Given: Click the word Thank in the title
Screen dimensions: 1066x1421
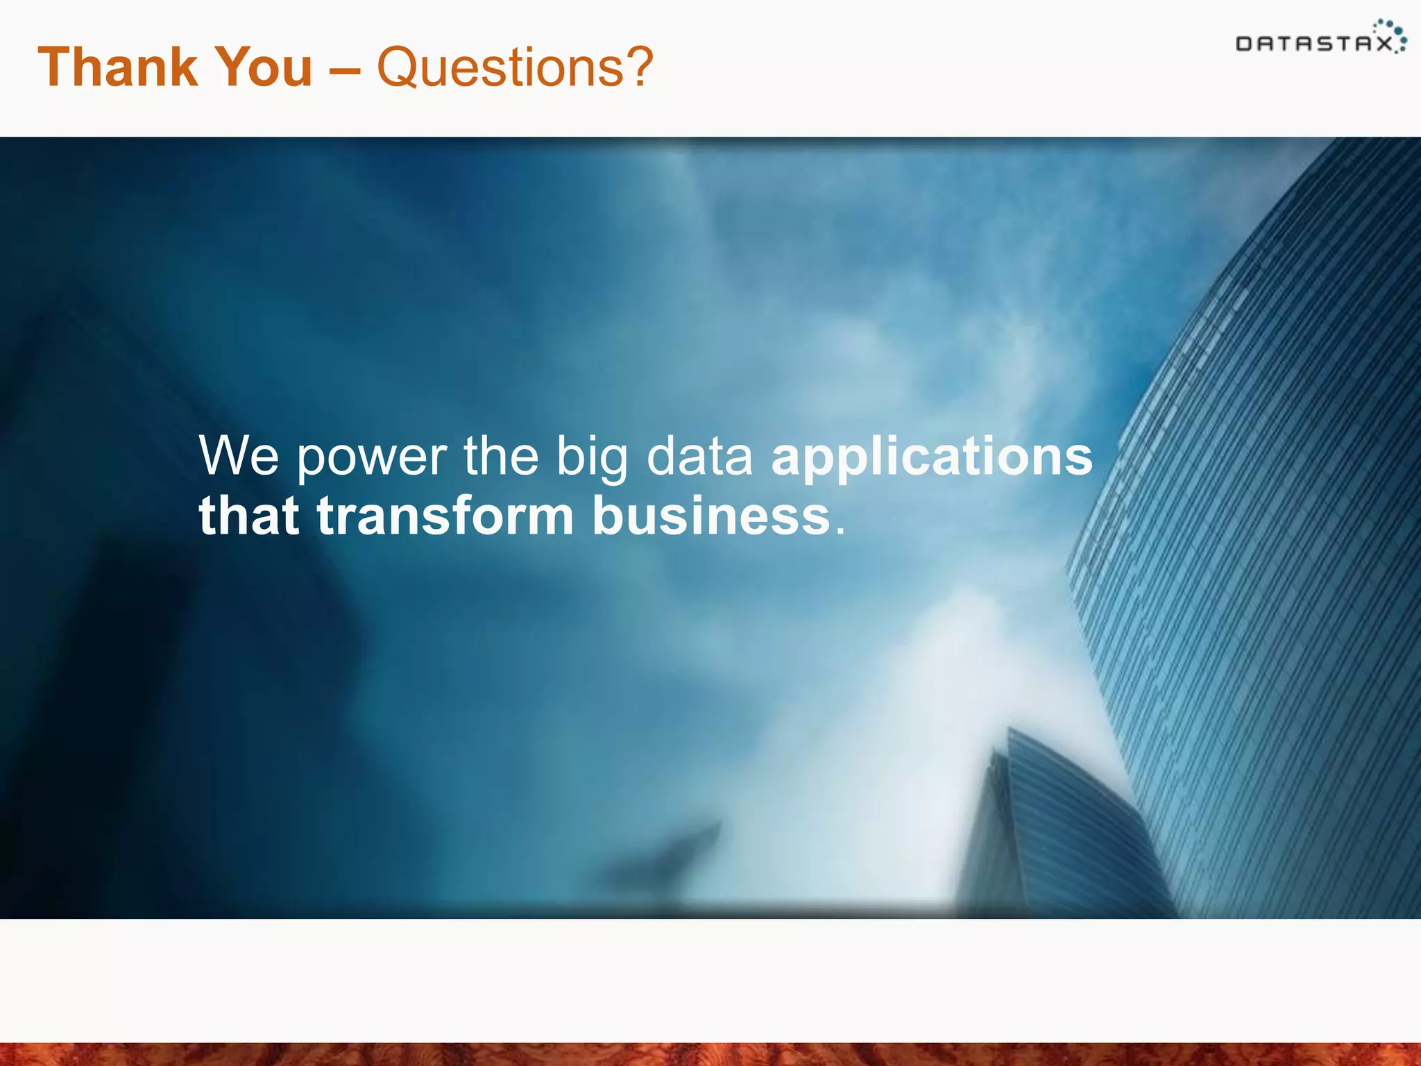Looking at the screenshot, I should coord(117,67).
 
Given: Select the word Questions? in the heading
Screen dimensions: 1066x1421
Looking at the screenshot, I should coord(514,67).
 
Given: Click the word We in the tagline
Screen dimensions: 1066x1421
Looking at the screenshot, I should coord(239,456).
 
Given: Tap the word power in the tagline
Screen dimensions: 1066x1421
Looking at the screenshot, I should coord(372,458).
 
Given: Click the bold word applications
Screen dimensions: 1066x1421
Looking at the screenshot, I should coord(931,458).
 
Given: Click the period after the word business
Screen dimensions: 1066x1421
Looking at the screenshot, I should coord(840,531).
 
